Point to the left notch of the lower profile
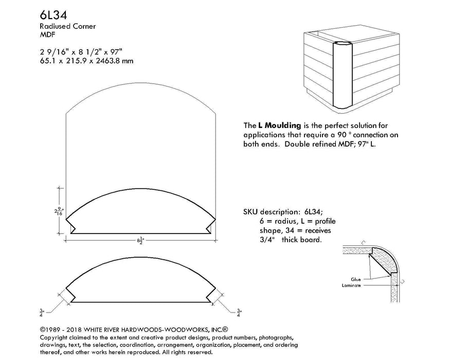coord(71,296)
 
